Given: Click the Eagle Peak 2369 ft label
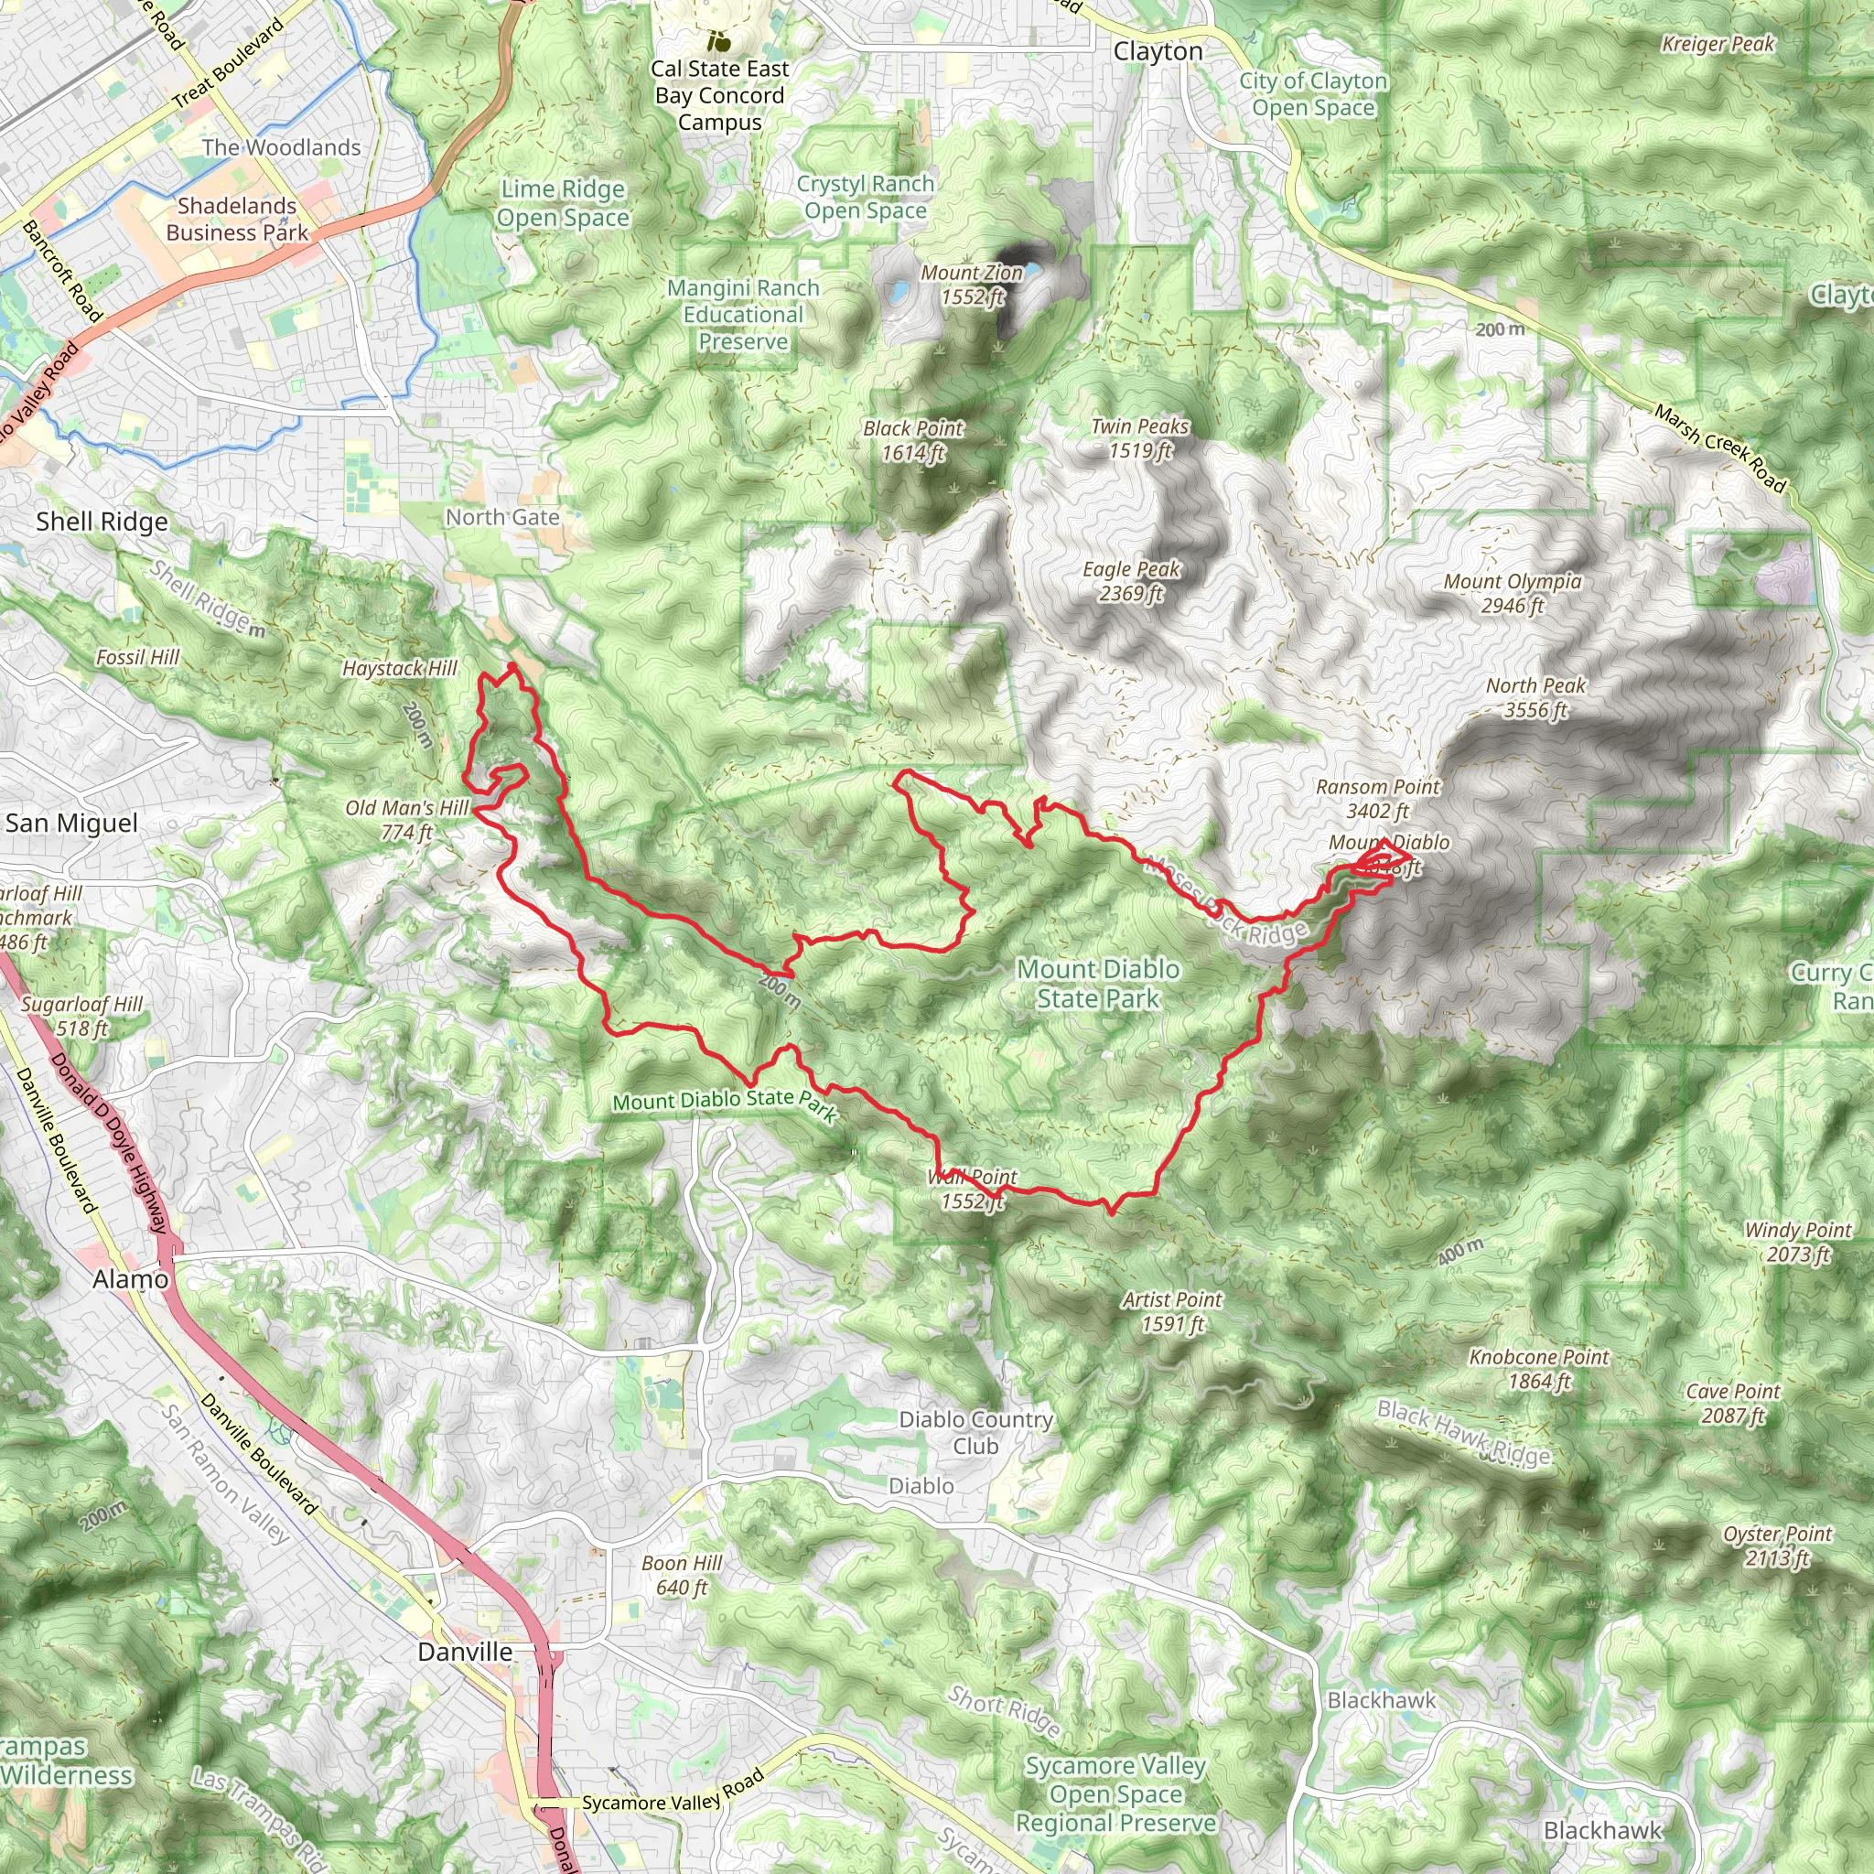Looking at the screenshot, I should pyautogui.click(x=1131, y=582).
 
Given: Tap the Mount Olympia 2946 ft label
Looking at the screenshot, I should pyautogui.click(x=1513, y=594).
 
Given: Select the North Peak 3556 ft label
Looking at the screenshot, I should pyautogui.click(x=1535, y=697).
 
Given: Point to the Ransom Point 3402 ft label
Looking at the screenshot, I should pyautogui.click(x=1377, y=798).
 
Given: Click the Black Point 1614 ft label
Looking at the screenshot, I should pyautogui.click(x=912, y=440).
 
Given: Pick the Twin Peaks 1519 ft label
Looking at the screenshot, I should pyautogui.click(x=1140, y=438).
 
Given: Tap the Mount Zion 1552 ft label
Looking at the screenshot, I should pyautogui.click(x=972, y=285).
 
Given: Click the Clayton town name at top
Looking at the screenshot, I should pyautogui.click(x=1158, y=51).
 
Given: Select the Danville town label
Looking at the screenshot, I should pyautogui.click(x=465, y=1652).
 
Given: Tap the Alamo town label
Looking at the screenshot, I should pyautogui.click(x=131, y=1279).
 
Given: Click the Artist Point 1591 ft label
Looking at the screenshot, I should pyautogui.click(x=1173, y=1311).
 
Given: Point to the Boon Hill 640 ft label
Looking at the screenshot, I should pyautogui.click(x=681, y=1576).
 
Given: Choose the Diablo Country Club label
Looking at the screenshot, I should pyautogui.click(x=975, y=1433).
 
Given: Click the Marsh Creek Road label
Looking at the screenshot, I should pyautogui.click(x=1718, y=448).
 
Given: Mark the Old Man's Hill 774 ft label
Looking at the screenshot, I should pyautogui.click(x=407, y=820).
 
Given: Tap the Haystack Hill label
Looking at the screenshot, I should pyautogui.click(x=400, y=668).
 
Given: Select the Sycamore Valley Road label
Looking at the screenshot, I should pyautogui.click(x=673, y=1793).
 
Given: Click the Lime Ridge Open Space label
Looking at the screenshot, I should pyautogui.click(x=563, y=204).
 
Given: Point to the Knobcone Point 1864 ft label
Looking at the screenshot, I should pyautogui.click(x=1538, y=1369).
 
